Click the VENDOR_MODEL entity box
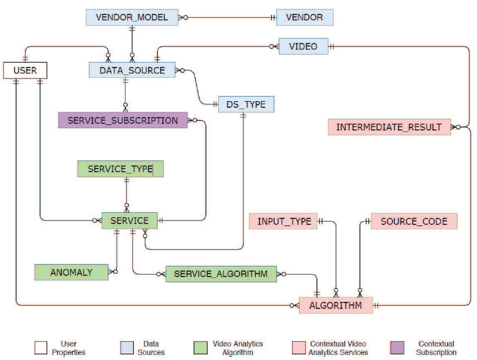click(x=132, y=17)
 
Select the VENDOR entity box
click(x=304, y=17)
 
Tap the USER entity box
click(x=25, y=70)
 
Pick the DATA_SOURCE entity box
click(x=132, y=70)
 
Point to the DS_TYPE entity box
click(x=246, y=104)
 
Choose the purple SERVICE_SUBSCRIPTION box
click(x=123, y=120)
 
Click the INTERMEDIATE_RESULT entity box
click(x=389, y=127)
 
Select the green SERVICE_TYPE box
click(x=120, y=169)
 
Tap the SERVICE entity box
click(x=129, y=220)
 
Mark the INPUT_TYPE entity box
click(x=283, y=221)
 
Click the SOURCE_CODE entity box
click(x=414, y=221)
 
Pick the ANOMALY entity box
click(x=71, y=272)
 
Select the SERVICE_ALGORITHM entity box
click(x=221, y=273)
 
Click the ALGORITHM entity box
click(x=335, y=306)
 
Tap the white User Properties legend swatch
click(x=41, y=348)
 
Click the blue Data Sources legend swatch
click(x=126, y=348)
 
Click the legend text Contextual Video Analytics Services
click(x=338, y=348)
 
